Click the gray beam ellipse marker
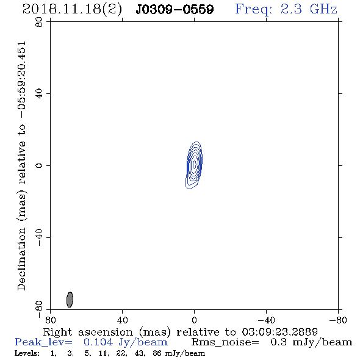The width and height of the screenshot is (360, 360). tap(70, 300)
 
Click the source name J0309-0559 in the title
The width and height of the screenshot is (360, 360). tap(175, 9)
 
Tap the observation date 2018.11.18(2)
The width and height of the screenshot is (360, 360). tap(72, 10)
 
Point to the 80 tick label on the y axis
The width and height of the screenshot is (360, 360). tap(39, 22)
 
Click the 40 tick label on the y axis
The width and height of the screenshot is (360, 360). tap(39, 94)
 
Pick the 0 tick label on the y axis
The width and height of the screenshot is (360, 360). tap(39, 165)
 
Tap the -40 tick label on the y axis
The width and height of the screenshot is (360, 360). tap(39, 237)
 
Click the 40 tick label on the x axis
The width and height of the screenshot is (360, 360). tap(122, 320)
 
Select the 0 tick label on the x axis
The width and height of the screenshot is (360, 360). tap(194, 320)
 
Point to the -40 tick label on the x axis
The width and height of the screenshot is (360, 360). tap(266, 320)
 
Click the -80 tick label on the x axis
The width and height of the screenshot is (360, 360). tap(338, 320)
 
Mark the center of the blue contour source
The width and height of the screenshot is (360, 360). tap(194, 165)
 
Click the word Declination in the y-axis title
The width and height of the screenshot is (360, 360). tap(21, 259)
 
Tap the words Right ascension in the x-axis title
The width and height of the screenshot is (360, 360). tap(88, 332)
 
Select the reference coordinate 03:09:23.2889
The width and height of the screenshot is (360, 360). tap(279, 332)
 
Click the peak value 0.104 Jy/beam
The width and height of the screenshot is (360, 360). tap(126, 342)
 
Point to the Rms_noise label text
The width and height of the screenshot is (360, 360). tap(225, 342)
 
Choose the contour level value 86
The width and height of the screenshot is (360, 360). tap(157, 353)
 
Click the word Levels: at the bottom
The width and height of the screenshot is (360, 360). tap(27, 353)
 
